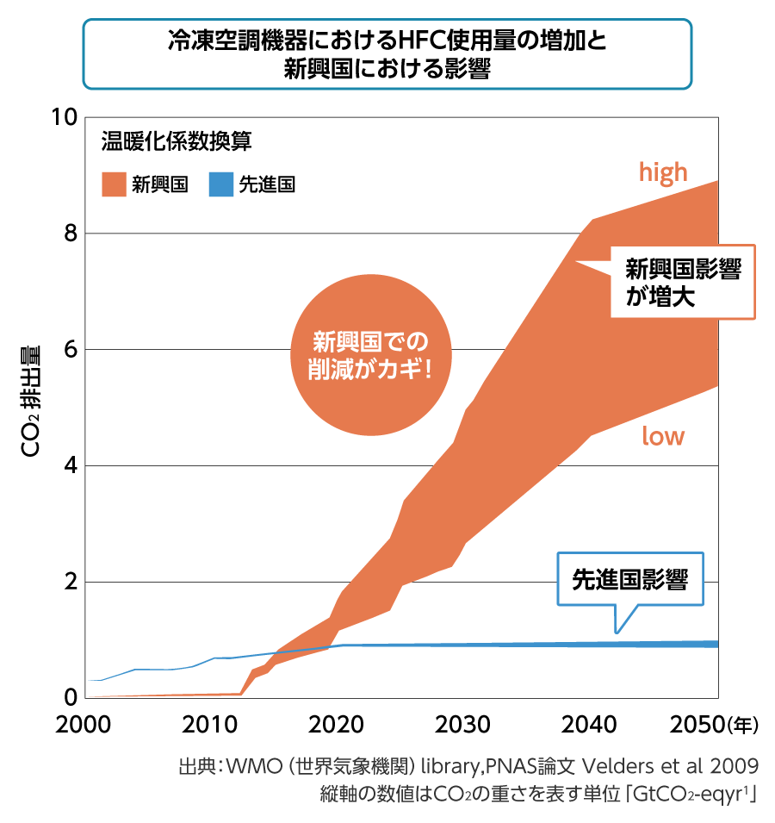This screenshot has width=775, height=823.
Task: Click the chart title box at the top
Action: click(387, 53)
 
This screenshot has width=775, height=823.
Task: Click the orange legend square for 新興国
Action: click(114, 184)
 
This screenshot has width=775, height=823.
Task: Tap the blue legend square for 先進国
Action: click(221, 184)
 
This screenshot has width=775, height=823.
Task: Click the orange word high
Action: click(663, 172)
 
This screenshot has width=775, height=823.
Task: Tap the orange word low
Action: click(663, 436)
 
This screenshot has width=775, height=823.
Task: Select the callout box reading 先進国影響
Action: click(630, 578)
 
